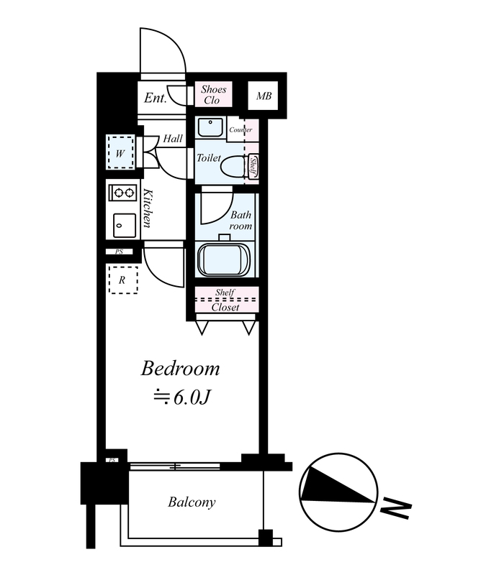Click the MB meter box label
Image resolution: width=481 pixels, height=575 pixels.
[264, 96]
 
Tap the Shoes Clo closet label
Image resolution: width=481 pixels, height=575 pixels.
[213, 95]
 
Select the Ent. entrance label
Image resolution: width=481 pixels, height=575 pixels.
[155, 98]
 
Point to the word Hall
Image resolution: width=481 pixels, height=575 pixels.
[173, 139]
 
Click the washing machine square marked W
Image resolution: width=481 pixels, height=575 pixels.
[120, 152]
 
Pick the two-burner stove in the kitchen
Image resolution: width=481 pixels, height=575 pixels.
[123, 192]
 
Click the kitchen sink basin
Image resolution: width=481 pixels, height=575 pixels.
[125, 226]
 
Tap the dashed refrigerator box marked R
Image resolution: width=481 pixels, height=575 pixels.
[123, 280]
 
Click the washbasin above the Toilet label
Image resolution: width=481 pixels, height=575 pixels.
[210, 128]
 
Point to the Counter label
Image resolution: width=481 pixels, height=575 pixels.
[240, 130]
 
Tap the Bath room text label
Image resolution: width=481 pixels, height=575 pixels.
[240, 221]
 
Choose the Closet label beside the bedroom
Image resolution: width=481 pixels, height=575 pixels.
[225, 308]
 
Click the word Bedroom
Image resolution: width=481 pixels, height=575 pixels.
[181, 369]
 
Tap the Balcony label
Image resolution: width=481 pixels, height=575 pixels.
[192, 502]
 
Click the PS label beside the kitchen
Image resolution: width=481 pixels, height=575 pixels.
[119, 252]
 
